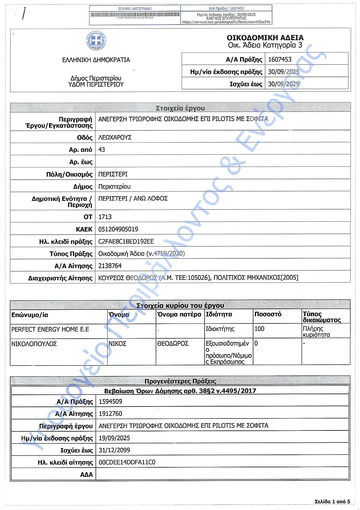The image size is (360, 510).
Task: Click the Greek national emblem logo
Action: point(96,41)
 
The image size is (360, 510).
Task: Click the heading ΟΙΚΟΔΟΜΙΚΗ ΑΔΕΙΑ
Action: point(265,38)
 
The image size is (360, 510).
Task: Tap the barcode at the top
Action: point(135,14)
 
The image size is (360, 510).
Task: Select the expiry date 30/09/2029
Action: point(283,84)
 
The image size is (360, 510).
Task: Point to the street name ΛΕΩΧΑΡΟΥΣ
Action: point(115,137)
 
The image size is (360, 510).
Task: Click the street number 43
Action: point(102,150)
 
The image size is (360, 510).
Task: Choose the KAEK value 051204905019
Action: point(118,229)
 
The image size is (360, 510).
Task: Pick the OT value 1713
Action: point(105,217)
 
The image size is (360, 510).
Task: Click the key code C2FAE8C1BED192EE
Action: point(126,242)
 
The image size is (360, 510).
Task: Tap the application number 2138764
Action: point(110,266)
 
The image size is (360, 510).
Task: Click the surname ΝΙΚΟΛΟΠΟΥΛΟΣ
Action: point(34,344)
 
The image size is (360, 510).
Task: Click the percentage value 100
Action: point(259,329)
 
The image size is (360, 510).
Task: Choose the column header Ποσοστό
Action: point(268,314)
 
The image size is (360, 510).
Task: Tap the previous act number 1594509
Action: point(110,402)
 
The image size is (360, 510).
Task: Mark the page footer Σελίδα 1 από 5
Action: point(332,502)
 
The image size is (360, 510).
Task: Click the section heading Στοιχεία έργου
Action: point(180,108)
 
